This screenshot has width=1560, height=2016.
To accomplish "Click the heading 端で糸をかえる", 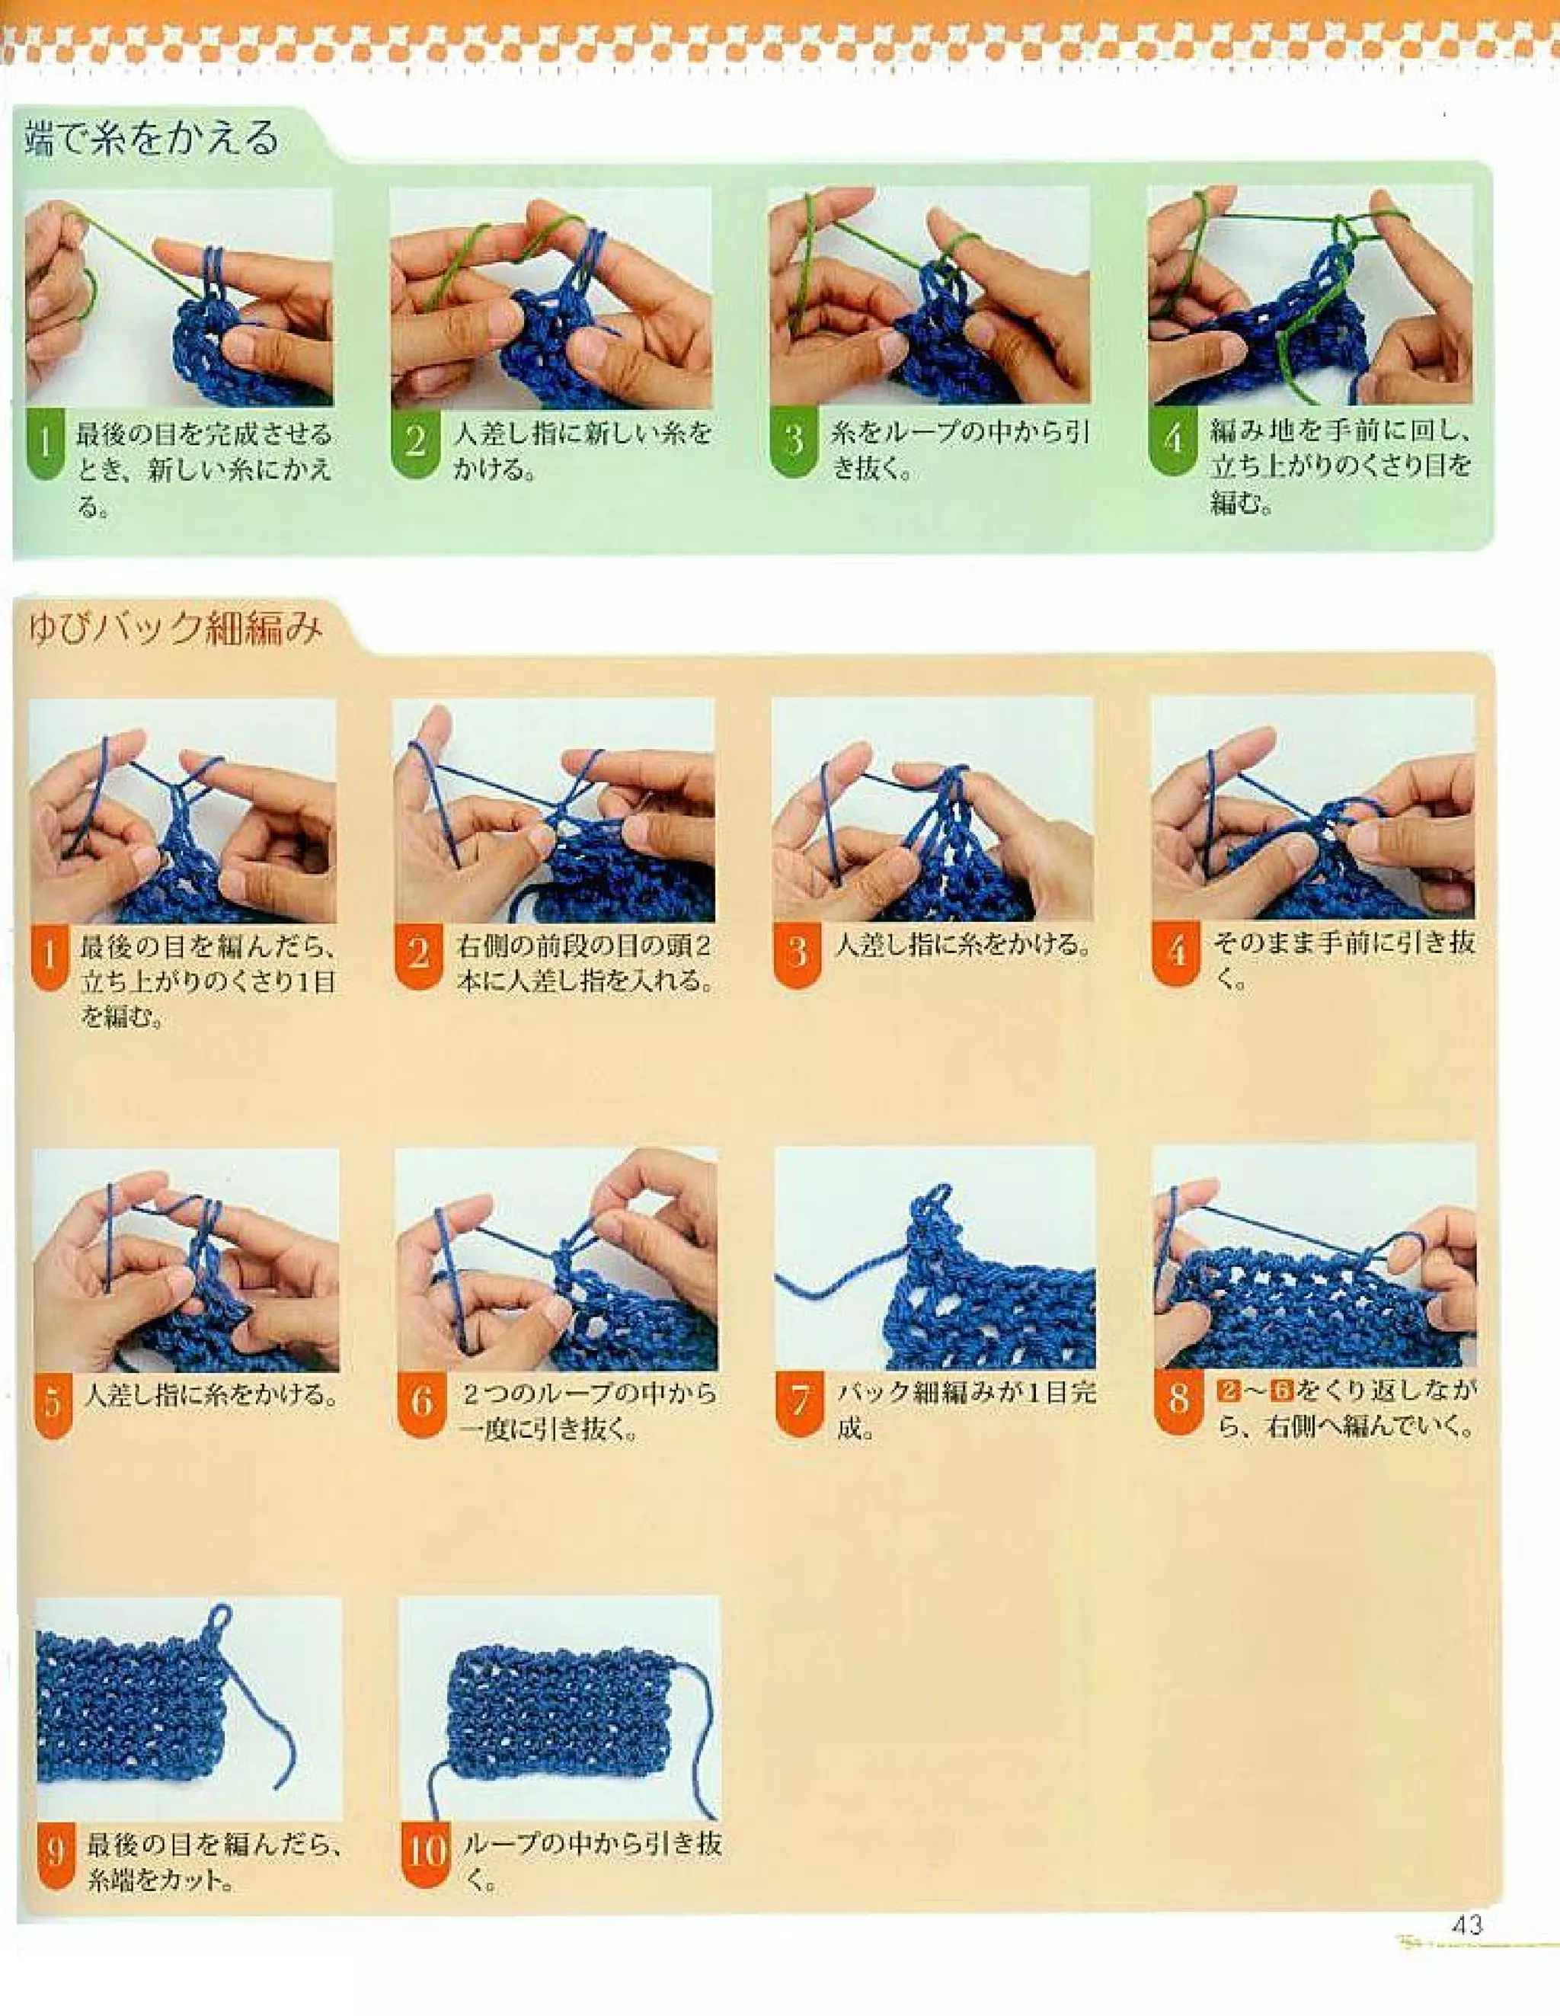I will pos(152,139).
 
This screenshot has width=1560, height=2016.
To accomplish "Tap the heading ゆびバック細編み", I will pos(174,629).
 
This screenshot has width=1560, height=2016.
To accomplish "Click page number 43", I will pos(1467,1925).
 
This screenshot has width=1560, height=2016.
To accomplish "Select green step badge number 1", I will pos(44,443).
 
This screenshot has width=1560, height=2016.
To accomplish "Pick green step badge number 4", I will pos(1173,440).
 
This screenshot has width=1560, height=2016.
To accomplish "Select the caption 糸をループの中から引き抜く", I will pos(960,450).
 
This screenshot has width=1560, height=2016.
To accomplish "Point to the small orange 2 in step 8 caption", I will pos(1228,1391).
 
